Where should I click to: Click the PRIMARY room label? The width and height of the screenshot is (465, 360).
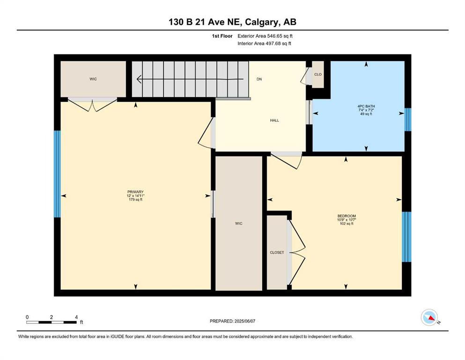pos(135,192)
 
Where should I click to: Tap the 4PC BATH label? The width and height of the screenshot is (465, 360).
pos(366,106)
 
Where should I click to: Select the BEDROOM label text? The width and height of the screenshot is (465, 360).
pos(347,216)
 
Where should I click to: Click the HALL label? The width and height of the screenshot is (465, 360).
pos(274,120)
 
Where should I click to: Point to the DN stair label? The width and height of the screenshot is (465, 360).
pos(259,79)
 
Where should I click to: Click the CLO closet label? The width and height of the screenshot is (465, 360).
pos(318,75)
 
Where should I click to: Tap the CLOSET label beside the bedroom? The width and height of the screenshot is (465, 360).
pos(277,253)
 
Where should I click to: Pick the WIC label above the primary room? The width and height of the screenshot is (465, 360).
pos(93,79)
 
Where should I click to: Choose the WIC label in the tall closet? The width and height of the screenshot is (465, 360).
pos(239,224)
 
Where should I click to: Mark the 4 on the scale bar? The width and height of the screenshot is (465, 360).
pos(76,317)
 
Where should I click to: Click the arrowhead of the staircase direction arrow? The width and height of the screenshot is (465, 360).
pos(139,79)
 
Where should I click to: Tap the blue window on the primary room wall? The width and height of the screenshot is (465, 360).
pos(57,174)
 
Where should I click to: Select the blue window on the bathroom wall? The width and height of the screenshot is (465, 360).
pos(408,120)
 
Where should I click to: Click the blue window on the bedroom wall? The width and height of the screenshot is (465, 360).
pos(406,237)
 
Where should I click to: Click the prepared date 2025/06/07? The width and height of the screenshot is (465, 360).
pos(244,321)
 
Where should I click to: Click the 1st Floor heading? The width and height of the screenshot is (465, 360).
pos(222,36)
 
